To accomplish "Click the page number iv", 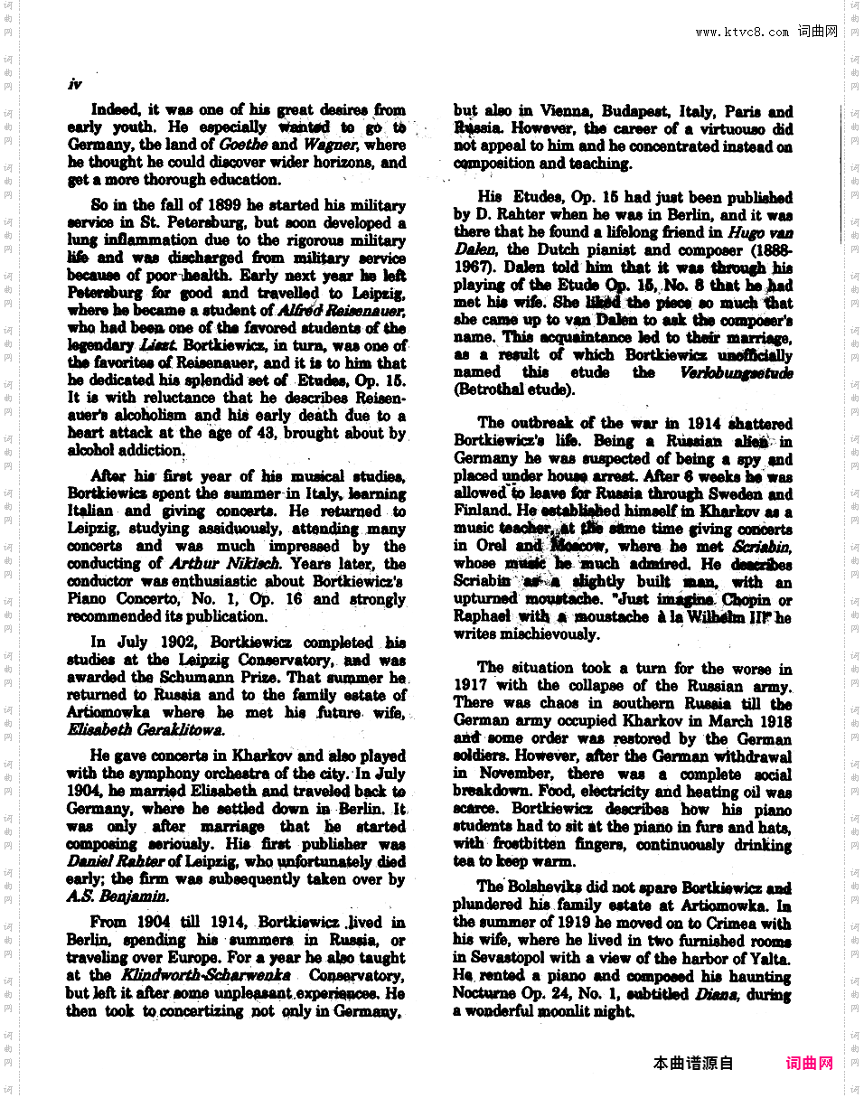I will [x=75, y=84].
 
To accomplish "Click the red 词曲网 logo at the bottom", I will [x=810, y=1064].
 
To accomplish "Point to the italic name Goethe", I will [x=243, y=145].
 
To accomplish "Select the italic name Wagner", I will [x=330, y=145].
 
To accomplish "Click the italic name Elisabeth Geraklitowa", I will [x=146, y=729].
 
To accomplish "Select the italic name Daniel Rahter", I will [x=116, y=861].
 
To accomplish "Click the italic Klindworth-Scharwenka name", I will [x=215, y=975].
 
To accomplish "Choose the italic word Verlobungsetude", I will [x=737, y=372].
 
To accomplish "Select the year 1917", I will [x=471, y=685].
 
